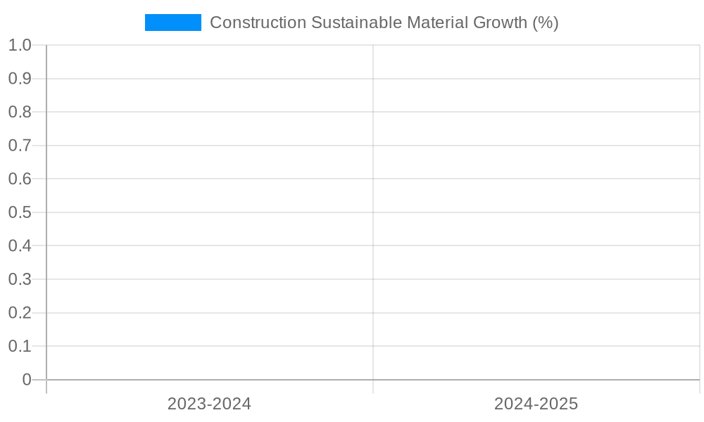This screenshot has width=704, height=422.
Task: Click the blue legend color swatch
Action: click(x=172, y=23)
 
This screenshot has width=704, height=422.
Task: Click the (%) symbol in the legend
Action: click(x=546, y=23)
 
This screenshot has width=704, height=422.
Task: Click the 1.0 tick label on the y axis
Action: click(x=20, y=45)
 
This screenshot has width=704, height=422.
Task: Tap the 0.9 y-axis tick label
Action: click(x=20, y=79)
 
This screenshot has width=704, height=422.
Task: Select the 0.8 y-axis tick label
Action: click(x=20, y=112)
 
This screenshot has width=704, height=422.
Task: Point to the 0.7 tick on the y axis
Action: click(x=20, y=146)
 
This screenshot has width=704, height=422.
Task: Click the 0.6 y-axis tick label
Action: click(x=20, y=179)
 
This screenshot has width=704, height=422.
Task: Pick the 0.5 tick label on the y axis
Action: click(x=20, y=212)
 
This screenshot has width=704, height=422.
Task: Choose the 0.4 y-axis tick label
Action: click(x=20, y=245)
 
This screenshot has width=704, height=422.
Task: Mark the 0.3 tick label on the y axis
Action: click(x=20, y=279)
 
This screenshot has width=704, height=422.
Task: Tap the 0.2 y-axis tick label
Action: click(x=20, y=312)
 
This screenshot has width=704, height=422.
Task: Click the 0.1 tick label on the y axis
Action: click(x=20, y=346)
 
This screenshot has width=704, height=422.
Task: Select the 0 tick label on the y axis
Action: click(x=27, y=380)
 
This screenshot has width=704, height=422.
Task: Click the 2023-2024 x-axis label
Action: click(x=209, y=404)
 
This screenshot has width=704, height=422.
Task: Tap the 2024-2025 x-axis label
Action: click(x=536, y=404)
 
